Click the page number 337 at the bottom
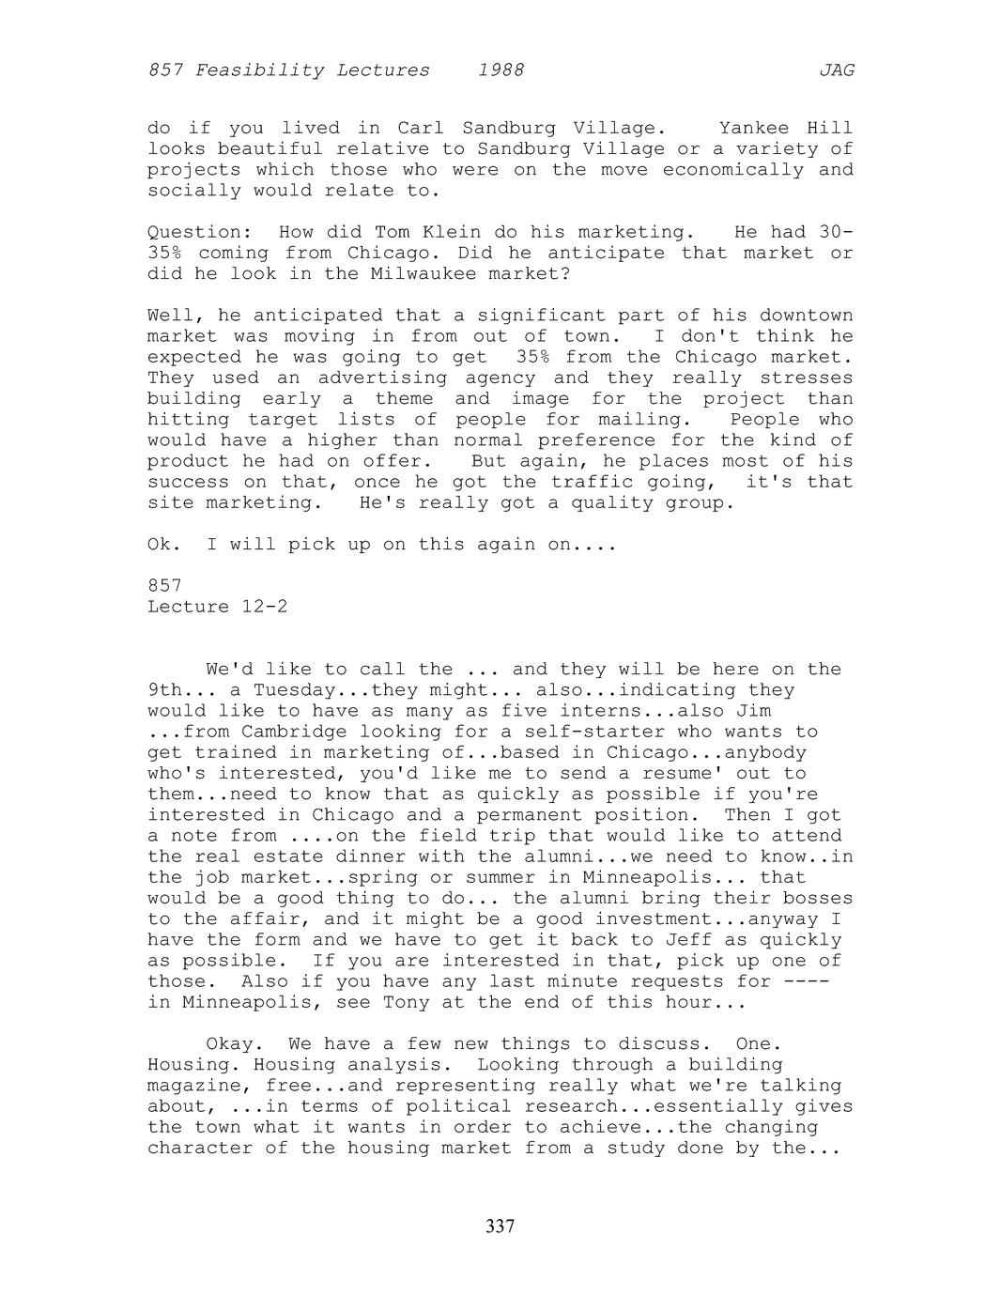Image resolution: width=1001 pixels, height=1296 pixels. pos(500,1227)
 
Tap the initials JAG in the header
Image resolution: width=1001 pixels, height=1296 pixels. pos(836,70)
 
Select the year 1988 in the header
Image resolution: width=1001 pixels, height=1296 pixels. pos(500,70)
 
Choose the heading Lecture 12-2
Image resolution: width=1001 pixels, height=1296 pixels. pos(217,607)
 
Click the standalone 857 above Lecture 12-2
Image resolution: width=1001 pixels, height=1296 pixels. pos(164,586)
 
